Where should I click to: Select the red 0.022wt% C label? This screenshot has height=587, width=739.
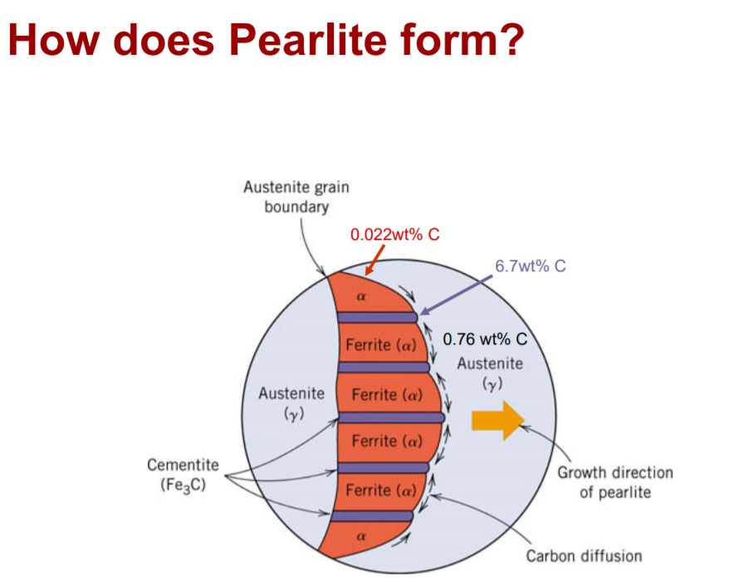(x=394, y=234)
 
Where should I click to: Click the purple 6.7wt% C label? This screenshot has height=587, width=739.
(x=530, y=267)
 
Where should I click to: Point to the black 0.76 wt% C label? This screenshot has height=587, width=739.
(x=485, y=340)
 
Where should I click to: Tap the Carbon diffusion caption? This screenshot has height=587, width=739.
(x=584, y=555)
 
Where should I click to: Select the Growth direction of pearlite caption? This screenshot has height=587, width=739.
(x=614, y=482)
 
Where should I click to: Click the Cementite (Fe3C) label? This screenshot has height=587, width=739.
(x=183, y=475)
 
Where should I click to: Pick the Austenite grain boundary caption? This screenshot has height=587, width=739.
(x=296, y=197)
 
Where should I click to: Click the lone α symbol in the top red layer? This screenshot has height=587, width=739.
(x=361, y=295)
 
